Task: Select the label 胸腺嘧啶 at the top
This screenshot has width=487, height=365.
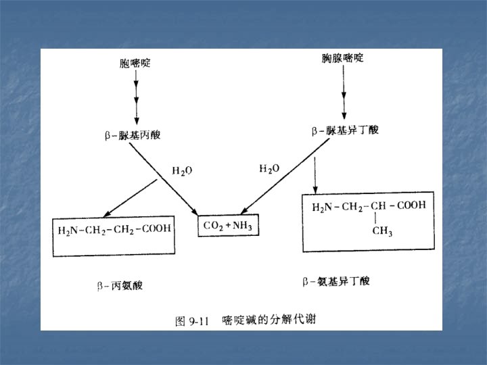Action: click(342, 59)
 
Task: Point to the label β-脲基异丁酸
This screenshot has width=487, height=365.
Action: click(345, 130)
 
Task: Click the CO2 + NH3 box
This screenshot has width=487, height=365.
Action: click(228, 226)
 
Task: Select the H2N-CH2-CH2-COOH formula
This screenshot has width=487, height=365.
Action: click(114, 229)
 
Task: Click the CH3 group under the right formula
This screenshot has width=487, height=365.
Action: click(382, 231)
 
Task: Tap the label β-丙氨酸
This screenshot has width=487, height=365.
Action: click(120, 285)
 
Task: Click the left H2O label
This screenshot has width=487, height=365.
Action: click(181, 171)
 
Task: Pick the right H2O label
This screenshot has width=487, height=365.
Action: click(269, 168)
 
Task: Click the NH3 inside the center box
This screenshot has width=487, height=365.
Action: click(241, 226)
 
